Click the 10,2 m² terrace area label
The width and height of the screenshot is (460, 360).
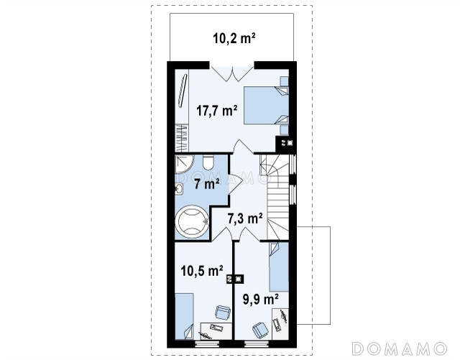tap(234, 38)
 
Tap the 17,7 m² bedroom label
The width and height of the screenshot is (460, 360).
tap(217, 111)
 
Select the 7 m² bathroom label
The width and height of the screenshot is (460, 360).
tap(206, 184)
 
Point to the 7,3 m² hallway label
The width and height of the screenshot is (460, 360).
tap(245, 218)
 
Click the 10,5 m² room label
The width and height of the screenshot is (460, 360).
tap(202, 270)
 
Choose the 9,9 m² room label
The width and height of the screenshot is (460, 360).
tap(260, 299)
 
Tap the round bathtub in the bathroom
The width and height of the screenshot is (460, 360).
tap(192, 222)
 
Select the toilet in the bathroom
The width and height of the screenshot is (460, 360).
tap(208, 163)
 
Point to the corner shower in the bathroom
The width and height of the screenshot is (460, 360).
tap(184, 164)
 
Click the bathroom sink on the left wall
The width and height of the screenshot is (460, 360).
tap(179, 189)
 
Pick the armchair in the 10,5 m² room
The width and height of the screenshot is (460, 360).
tap(223, 312)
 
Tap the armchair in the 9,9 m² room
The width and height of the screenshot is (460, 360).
tap(260, 330)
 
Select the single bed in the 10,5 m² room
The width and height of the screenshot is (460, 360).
tap(184, 316)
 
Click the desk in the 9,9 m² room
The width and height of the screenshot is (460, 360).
tap(280, 324)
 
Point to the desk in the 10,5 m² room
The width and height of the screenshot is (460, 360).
tap(216, 331)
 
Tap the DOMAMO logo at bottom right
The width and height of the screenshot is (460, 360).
tap(399, 349)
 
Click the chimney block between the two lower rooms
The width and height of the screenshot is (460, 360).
tap(235, 279)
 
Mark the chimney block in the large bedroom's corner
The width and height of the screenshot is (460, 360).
tap(286, 144)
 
